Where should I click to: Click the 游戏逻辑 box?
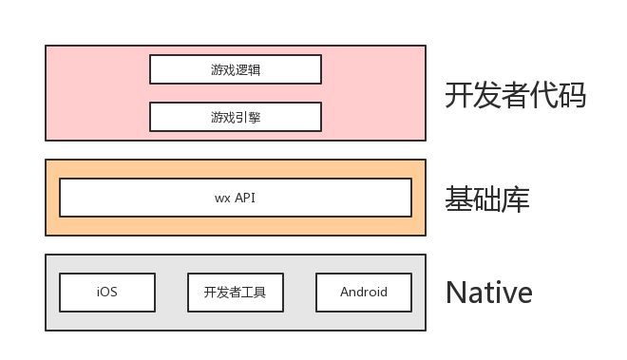[235, 69]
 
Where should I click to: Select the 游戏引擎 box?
[235, 117]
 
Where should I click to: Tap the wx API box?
[235, 198]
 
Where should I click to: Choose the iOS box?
[106, 293]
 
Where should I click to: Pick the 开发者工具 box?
[235, 293]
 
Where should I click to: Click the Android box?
[364, 293]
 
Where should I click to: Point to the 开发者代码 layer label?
[515, 96]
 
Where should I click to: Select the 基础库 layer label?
[486, 199]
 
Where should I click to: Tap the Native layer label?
[488, 292]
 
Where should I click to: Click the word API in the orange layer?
[245, 198]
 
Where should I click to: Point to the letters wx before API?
[221, 199]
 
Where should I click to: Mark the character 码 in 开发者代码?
[572, 96]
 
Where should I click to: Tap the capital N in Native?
[455, 292]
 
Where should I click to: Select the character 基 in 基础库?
[458, 199]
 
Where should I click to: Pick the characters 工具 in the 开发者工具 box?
[254, 293]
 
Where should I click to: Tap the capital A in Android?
[345, 293]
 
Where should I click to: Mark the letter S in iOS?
[113, 293]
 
